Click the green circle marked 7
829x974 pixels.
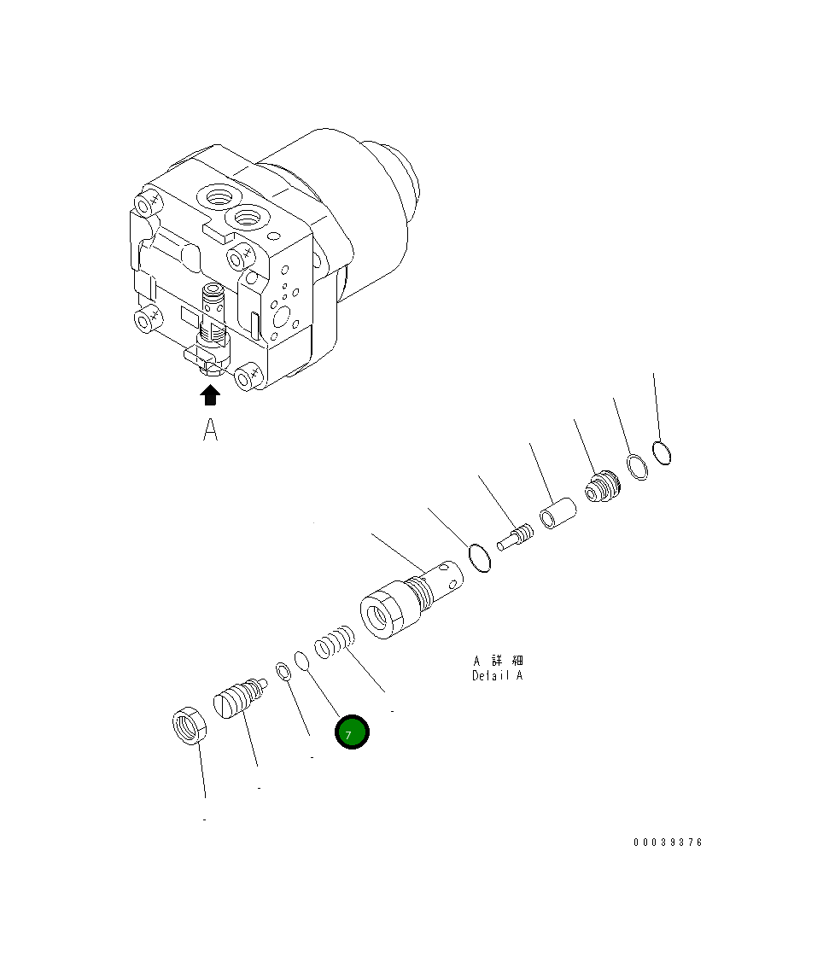click(352, 733)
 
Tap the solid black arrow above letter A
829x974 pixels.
click(210, 394)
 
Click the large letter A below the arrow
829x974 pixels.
click(210, 430)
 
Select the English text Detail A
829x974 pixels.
click(498, 676)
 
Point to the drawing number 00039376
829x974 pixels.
click(668, 843)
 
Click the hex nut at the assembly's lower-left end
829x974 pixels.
click(187, 727)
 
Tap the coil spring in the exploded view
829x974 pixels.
click(334, 642)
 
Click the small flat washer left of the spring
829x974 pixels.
click(284, 671)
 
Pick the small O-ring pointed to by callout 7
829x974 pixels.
click(302, 661)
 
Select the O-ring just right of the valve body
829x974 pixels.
click(480, 558)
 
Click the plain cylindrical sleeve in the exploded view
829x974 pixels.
click(557, 515)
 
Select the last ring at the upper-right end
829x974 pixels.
click(662, 452)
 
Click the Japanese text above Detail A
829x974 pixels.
click(498, 661)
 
